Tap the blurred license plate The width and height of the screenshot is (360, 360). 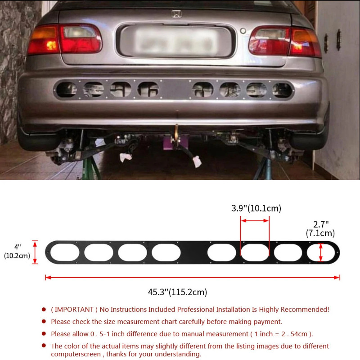point(175,41)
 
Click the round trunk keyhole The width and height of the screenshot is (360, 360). point(243,31)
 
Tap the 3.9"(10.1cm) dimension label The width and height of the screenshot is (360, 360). point(256,208)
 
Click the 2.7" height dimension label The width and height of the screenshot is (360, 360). point(321,224)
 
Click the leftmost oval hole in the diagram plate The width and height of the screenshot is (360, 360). point(64,252)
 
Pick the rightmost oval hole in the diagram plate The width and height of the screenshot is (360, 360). point(321,252)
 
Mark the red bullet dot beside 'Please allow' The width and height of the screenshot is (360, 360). point(43,334)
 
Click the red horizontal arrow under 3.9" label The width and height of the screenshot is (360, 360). point(255,220)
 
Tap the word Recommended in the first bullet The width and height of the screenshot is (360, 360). point(306,310)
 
